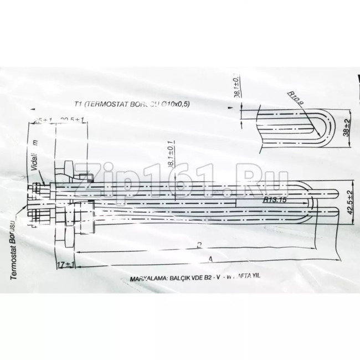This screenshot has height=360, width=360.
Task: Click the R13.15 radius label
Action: [275, 201]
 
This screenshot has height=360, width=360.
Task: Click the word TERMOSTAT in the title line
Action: [106, 104]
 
